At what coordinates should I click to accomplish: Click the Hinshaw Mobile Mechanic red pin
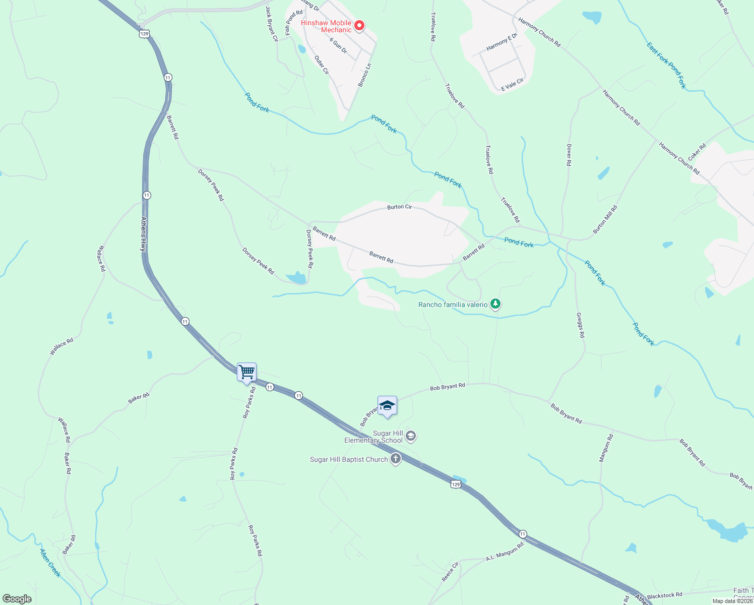pos(359,26)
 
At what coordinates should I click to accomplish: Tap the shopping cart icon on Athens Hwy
pos(246,373)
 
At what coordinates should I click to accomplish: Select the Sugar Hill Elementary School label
pos(373,437)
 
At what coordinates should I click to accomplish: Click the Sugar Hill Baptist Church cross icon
pos(396,459)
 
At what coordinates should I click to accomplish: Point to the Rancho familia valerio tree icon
pos(496,304)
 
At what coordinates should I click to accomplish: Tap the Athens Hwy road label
pos(144,234)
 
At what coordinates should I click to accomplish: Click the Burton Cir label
pos(400,207)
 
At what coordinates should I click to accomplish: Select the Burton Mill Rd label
pos(605,219)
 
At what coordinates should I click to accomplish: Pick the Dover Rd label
pos(569,155)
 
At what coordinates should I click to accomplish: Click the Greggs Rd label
pos(581,325)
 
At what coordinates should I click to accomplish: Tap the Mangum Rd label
pos(606,448)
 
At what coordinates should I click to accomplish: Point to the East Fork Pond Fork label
pos(666,66)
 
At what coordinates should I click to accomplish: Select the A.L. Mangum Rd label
pos(505,552)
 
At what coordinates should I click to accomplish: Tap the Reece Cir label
pos(450,572)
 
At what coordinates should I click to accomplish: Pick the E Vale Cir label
pos(512,84)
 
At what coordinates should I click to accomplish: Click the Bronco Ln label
pos(365,75)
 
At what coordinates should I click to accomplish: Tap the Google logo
pos(17,599)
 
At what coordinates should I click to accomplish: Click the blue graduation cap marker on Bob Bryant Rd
pos(387,406)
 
